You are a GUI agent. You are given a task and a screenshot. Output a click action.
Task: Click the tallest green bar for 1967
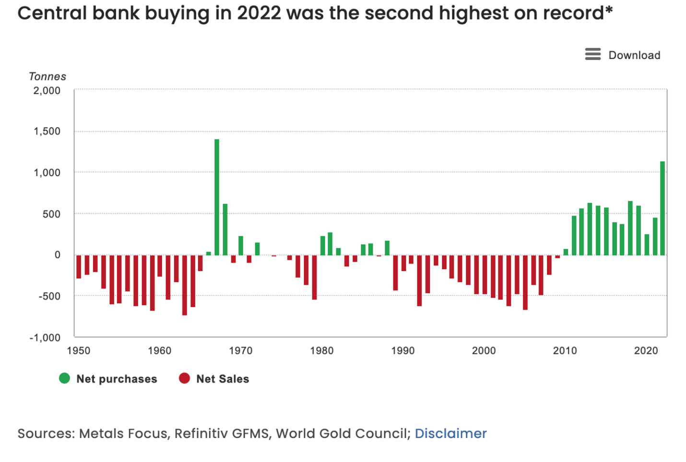pos(217,197)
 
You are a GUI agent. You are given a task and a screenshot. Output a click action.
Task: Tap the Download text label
pos(634,55)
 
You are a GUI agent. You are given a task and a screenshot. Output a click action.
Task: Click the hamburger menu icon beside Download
pos(593,54)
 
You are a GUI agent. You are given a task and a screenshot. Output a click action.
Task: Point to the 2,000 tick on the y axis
pos(47,90)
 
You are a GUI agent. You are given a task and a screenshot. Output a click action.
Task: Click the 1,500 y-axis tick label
pos(47,131)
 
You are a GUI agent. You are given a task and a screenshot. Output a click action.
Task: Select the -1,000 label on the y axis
pos(45,338)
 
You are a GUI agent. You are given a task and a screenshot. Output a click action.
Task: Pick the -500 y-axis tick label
pos(49,296)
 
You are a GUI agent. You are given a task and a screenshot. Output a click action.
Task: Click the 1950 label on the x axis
pos(79,351)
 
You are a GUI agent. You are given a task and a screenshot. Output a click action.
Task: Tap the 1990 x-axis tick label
pos(403,351)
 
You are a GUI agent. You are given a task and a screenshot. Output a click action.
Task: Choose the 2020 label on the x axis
pos(646,351)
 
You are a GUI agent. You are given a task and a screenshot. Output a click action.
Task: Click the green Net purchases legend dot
pos(64,378)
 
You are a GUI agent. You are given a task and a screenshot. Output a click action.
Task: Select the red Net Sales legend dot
pos(184,378)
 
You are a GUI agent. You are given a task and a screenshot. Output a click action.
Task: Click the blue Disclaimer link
pos(450,433)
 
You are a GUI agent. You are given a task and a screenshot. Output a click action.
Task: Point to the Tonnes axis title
pos(47,76)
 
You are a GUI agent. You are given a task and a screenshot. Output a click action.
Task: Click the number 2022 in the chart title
pos(259,13)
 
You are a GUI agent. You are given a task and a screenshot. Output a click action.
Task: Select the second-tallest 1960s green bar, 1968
pos(225,229)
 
